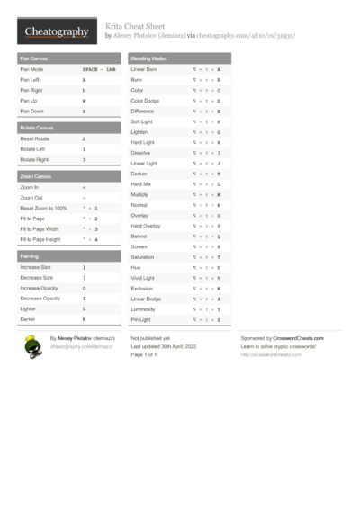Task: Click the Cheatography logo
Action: pos(56,31)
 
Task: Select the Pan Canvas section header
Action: pos(37,58)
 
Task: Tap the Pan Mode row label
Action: pos(31,69)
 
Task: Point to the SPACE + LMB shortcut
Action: pos(99,69)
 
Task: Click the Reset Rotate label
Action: pos(35,139)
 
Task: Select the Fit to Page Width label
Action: pos(40,229)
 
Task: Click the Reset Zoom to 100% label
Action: pos(43,209)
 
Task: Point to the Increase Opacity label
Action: pos(40,288)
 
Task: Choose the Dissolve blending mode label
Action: pos(141,153)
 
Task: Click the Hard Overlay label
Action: pos(146,226)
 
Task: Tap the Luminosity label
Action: pos(144,308)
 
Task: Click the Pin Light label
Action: pos(141,319)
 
